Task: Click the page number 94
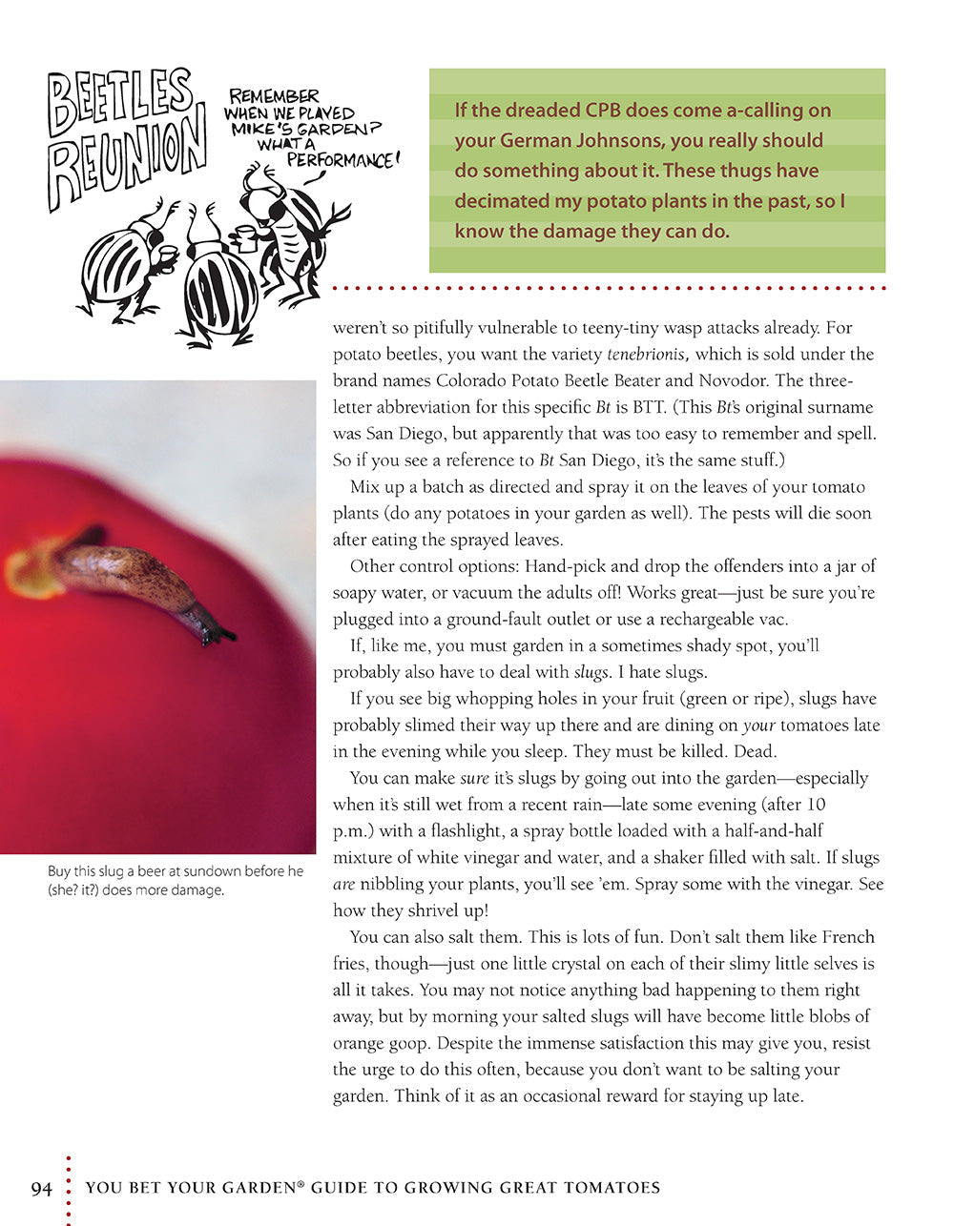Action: tap(41, 1188)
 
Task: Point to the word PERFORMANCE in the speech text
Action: tap(339, 160)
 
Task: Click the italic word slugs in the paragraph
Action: tap(591, 672)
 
